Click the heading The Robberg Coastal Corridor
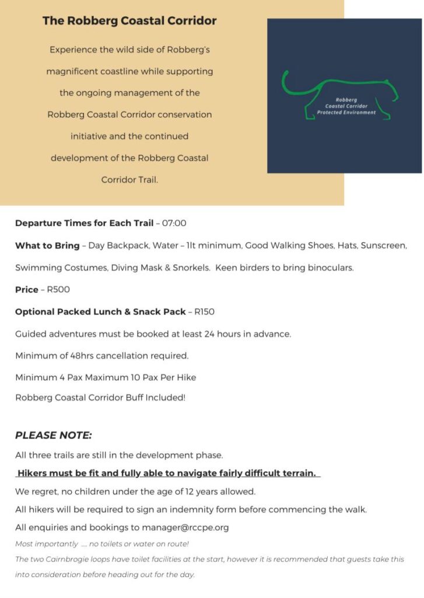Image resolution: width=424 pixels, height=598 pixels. [x=129, y=21]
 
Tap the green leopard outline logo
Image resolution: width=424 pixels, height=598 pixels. [x=341, y=96]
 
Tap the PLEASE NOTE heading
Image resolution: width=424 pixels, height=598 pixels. [x=54, y=436]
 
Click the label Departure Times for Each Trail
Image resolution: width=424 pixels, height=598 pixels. [x=84, y=223]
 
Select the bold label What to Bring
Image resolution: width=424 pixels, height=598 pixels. [x=47, y=245]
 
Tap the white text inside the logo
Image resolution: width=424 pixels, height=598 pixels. [x=346, y=106]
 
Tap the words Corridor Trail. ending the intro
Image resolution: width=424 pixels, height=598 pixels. [x=129, y=180]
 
